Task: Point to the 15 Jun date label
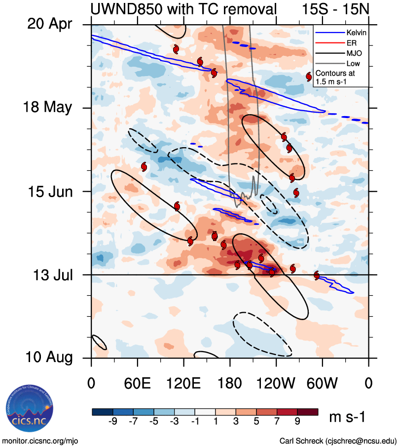click(49, 191)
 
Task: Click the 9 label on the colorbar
click(297, 422)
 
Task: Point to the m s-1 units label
click(347, 417)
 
